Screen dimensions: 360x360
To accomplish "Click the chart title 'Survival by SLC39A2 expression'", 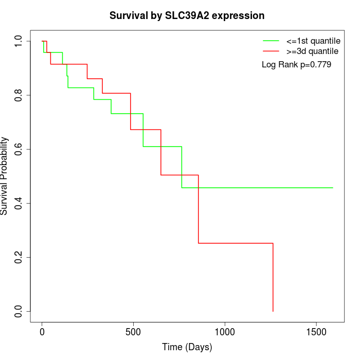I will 187,16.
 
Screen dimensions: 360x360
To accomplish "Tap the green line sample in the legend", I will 271,41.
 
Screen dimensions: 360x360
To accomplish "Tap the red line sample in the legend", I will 271,51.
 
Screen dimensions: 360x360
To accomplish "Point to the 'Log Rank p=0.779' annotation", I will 296,65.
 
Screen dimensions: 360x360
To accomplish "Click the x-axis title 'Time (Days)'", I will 187,347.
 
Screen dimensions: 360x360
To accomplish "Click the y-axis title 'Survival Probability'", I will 5,176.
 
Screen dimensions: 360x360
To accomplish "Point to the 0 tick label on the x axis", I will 42,332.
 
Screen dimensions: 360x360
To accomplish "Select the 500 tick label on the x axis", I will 133,332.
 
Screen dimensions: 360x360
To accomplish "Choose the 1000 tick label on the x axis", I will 225,332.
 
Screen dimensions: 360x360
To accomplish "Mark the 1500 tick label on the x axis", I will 316,332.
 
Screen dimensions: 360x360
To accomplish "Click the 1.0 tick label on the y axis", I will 19,41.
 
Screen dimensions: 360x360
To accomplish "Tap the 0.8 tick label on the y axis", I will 19,95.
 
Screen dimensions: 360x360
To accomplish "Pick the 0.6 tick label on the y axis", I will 19,149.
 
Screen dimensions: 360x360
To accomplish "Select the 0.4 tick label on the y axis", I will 19,203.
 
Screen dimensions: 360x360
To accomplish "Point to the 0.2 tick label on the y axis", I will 19,257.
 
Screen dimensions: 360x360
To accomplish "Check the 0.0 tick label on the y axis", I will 19,311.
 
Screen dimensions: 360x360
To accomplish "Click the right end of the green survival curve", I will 333,188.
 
